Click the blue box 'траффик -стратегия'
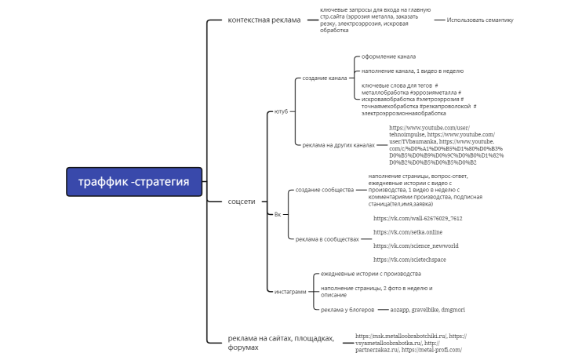pyautogui.click(x=133, y=182)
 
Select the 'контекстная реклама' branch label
pyautogui.click(x=264, y=20)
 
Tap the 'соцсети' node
pyautogui.click(x=242, y=202)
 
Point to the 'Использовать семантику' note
pyautogui.click(x=480, y=20)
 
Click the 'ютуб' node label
pyautogui.click(x=281, y=111)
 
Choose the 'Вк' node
pyautogui.click(x=277, y=214)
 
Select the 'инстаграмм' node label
pyautogui.click(x=291, y=291)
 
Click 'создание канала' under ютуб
pyautogui.click(x=324, y=78)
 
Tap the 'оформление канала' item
pyautogui.click(x=388, y=56)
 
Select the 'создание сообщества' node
pyautogui.click(x=325, y=190)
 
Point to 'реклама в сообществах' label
pyautogui.click(x=327, y=238)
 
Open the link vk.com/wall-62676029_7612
pyautogui.click(x=417, y=218)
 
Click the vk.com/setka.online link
pyautogui.click(x=408, y=232)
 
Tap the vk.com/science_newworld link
pyautogui.click(x=416, y=245)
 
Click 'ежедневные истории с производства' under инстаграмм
pyautogui.click(x=371, y=274)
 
